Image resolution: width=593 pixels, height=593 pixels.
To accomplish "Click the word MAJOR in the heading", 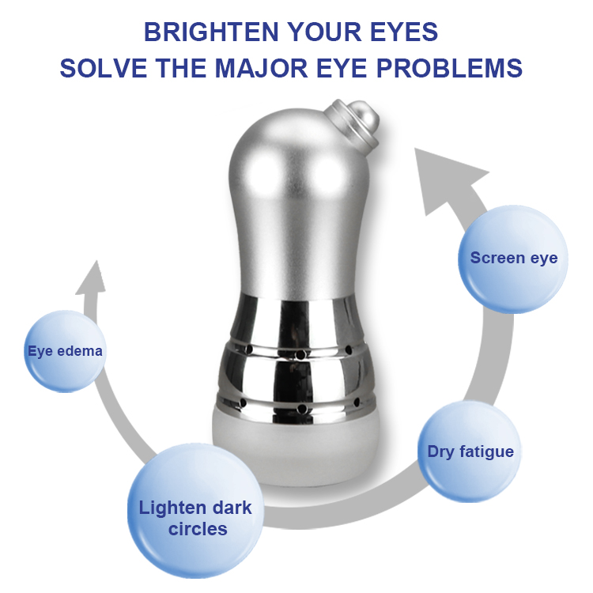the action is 262,68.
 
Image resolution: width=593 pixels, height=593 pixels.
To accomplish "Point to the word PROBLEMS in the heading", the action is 449,68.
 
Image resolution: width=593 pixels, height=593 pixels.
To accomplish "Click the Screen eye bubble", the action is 513,259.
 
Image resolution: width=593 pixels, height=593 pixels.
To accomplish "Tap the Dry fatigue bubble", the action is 470,451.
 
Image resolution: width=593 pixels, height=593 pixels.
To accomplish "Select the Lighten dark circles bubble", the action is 195,511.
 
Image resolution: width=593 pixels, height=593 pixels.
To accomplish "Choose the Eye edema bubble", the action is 65,351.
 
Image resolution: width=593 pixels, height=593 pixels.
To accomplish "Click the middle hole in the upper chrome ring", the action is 300,355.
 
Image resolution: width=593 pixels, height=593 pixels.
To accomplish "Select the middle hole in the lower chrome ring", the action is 302,409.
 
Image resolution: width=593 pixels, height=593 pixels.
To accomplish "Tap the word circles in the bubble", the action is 198,529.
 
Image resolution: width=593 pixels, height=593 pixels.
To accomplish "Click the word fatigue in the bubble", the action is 486,452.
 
